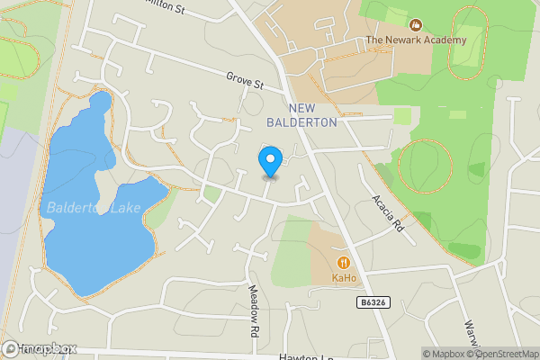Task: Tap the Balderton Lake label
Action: click(x=85, y=210)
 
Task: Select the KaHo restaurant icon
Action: click(x=343, y=262)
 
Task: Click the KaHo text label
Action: click(x=343, y=278)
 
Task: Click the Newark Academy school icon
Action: click(x=415, y=25)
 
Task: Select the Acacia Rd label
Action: click(x=386, y=212)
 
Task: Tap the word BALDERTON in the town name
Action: click(x=301, y=121)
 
